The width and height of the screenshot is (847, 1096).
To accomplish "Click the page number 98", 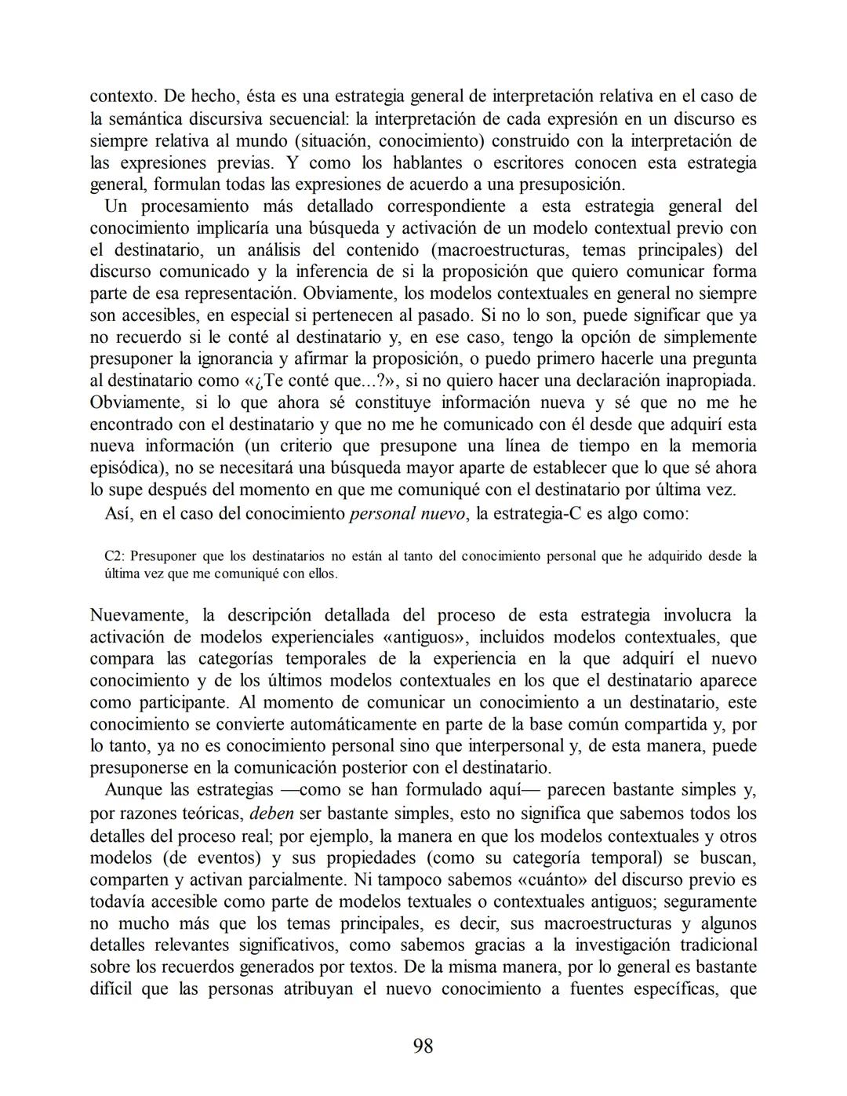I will coord(423,1046).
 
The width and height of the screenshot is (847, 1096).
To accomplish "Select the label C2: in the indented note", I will coord(115,556).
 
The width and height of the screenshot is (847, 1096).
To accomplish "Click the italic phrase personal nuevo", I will coord(408,514).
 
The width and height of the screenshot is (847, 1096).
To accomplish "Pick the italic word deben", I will coord(272,814).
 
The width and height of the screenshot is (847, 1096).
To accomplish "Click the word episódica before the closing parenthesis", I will coord(126,468).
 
